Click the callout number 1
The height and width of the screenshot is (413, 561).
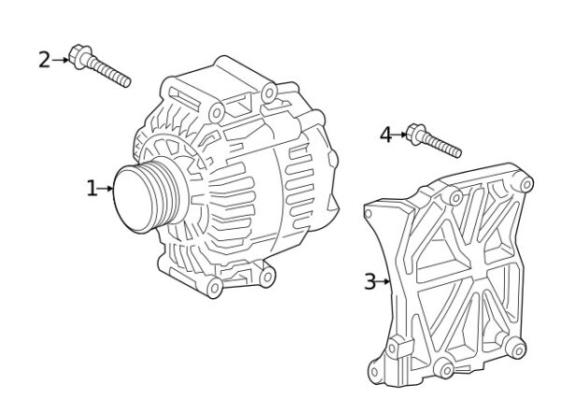point(92,189)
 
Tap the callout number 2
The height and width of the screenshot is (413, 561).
point(44,60)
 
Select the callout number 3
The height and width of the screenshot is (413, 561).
point(369,280)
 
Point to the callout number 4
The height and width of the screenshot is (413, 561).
point(385,135)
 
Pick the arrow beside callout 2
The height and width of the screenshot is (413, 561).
point(60,60)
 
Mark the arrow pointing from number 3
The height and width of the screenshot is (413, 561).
point(383,280)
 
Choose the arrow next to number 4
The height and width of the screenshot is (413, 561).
point(400,135)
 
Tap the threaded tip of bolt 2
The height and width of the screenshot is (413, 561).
point(124,80)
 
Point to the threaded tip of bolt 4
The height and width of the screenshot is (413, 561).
point(456,150)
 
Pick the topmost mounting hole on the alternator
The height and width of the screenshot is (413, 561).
point(268,91)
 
